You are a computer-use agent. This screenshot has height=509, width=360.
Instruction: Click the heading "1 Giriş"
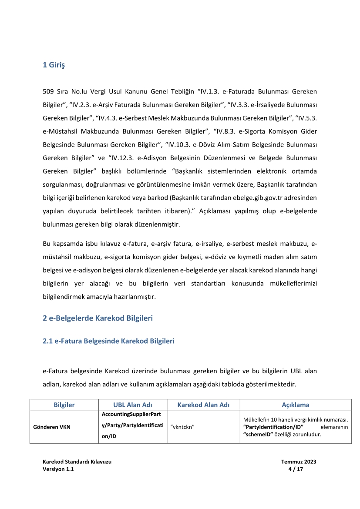[x=54, y=66]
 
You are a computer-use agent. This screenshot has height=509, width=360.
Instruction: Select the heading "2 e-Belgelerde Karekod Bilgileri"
[x=98, y=318]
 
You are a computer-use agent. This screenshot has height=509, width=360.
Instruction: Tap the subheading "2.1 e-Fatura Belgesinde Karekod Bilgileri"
[x=108, y=341]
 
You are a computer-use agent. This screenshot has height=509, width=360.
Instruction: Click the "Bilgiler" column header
[x=64, y=405]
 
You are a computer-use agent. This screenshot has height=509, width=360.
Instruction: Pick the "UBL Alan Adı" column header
[x=133, y=405]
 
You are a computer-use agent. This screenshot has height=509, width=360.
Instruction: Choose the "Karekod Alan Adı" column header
[x=203, y=405]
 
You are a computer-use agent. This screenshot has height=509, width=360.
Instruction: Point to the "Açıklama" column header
[x=295, y=405]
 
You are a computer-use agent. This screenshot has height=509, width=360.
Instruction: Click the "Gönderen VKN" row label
[x=52, y=427]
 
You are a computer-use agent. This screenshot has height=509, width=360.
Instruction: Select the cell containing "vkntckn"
[x=182, y=427]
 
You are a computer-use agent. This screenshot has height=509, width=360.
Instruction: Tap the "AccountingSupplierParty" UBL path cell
[x=133, y=427]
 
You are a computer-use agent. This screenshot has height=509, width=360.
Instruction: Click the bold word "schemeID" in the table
[x=258, y=434]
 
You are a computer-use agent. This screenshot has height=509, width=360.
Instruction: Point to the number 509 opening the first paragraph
[x=48, y=92]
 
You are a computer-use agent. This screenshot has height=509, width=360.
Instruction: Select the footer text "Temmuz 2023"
[x=299, y=462]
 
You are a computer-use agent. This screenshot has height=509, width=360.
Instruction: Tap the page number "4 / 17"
[x=296, y=469]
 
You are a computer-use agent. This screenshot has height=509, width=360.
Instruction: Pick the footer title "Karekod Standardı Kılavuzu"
[x=77, y=462]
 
